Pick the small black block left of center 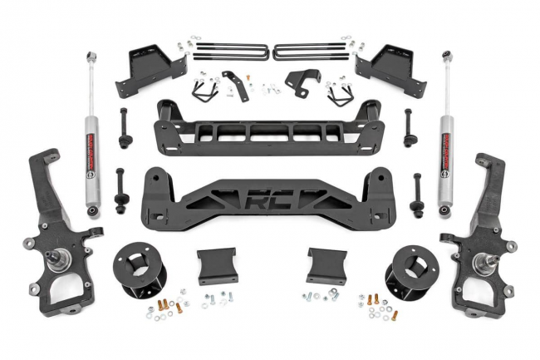pyautogui.click(x=215, y=265)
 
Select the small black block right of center pyautogui.click(x=325, y=265)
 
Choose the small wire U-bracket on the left pyautogui.click(x=201, y=90)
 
